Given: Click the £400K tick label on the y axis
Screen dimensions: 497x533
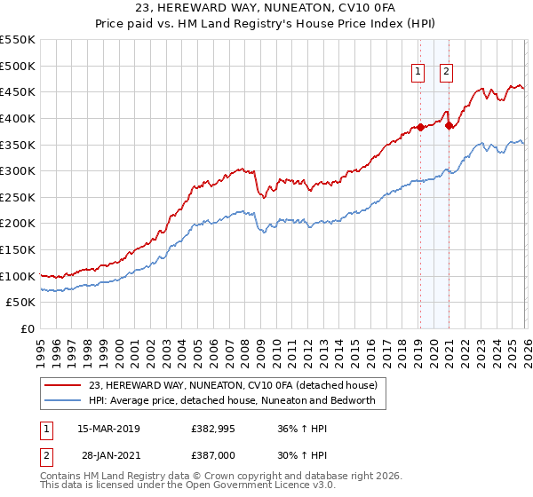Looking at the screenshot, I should [18, 118].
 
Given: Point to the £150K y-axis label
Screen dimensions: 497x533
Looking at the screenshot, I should [18, 249].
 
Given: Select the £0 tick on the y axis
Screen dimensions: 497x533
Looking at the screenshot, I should [29, 328].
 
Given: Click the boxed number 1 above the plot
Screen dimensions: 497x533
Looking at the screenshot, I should [418, 74].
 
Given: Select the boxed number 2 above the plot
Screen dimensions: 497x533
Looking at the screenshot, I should [446, 74].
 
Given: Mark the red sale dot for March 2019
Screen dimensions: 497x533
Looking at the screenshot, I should [419, 127].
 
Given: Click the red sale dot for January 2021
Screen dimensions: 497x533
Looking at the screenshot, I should [449, 125].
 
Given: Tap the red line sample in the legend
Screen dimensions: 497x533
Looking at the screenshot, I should [64, 385].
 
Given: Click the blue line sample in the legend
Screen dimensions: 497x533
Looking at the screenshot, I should [64, 400].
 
